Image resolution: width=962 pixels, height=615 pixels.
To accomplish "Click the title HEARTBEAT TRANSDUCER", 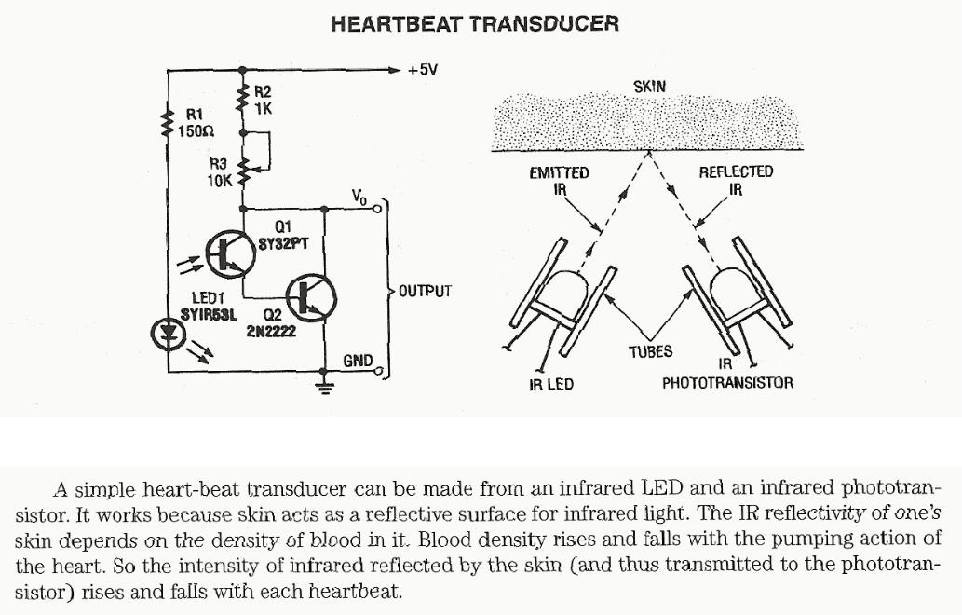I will [475, 23].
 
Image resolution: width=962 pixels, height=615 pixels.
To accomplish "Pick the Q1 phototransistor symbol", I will [226, 253].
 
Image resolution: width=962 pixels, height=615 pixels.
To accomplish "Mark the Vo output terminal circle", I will [378, 210].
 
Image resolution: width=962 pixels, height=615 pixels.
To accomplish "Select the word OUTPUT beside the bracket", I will [425, 291].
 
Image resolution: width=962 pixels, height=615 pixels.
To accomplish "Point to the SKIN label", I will [649, 87].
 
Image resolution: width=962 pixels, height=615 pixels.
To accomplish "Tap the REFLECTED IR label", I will [736, 180].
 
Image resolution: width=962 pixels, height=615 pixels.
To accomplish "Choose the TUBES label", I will [650, 351].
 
